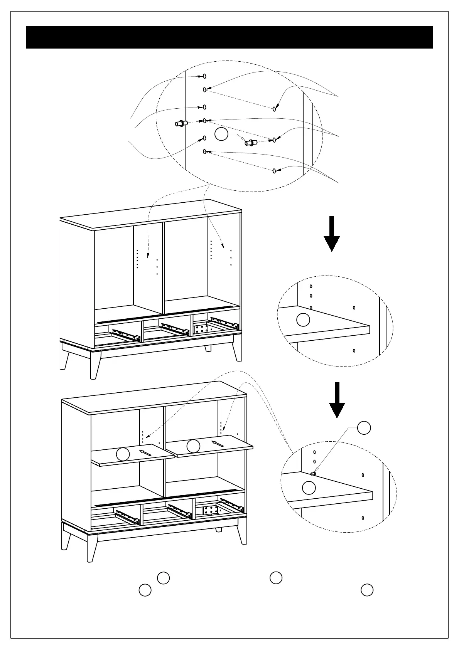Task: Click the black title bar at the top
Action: [x=229, y=37]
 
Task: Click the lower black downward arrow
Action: [x=337, y=401]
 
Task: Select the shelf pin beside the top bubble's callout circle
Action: [x=251, y=143]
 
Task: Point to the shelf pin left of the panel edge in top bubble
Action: [x=181, y=124]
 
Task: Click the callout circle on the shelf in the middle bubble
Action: [x=303, y=320]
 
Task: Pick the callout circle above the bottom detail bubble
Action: [x=364, y=428]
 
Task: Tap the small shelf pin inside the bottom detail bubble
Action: [x=313, y=474]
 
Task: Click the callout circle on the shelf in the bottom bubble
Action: [x=309, y=488]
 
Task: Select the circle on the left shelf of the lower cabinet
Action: [x=123, y=454]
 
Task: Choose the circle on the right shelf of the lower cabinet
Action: [x=193, y=446]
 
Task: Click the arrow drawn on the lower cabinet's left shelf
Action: [x=145, y=452]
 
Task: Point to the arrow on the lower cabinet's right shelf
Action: [x=218, y=444]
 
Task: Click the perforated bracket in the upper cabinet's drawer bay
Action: [x=202, y=329]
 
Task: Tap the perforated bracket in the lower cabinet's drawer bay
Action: [x=211, y=510]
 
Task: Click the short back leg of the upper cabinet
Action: [x=208, y=348]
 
